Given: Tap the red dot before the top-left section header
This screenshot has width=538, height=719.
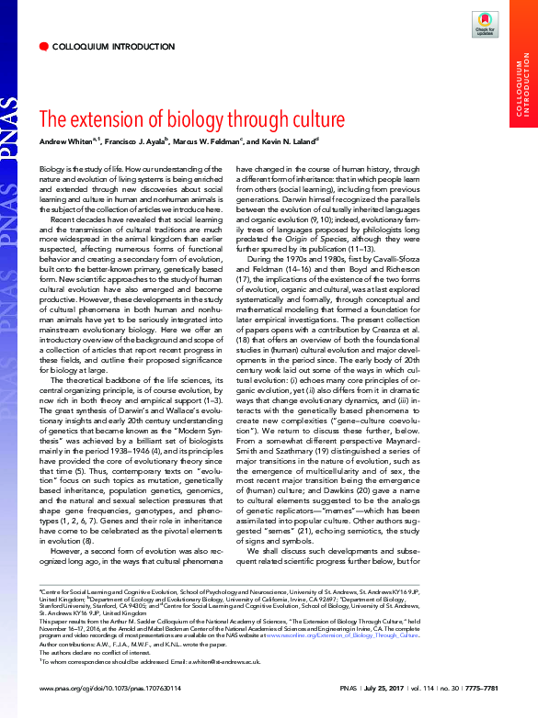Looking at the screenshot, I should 43,45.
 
